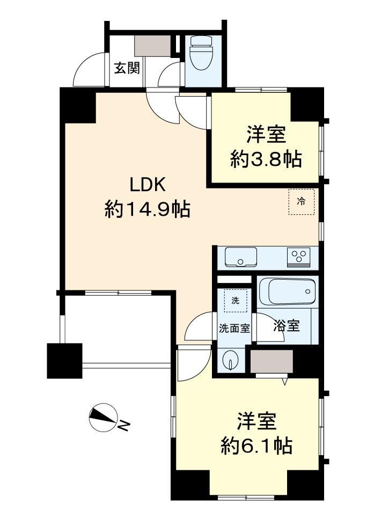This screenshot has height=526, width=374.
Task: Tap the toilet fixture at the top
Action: [x=201, y=53]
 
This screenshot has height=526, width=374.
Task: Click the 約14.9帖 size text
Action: [x=148, y=209]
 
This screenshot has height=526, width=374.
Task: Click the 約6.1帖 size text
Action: [x=256, y=446]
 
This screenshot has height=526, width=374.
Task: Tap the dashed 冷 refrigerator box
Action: [x=302, y=202]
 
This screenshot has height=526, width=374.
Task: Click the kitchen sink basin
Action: [x=241, y=257]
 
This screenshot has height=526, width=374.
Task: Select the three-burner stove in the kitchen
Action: [x=299, y=257]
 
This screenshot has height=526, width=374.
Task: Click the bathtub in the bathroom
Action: [x=288, y=291]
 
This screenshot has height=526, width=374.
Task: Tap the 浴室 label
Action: [x=286, y=326]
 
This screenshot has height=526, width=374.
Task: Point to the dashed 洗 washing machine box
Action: [x=236, y=301]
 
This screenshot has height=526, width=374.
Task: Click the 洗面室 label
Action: [x=234, y=328]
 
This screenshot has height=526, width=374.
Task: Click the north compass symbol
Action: [x=102, y=417]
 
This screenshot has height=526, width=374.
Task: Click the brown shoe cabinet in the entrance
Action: [x=153, y=46]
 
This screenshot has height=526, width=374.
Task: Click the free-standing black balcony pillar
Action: [x=65, y=361]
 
